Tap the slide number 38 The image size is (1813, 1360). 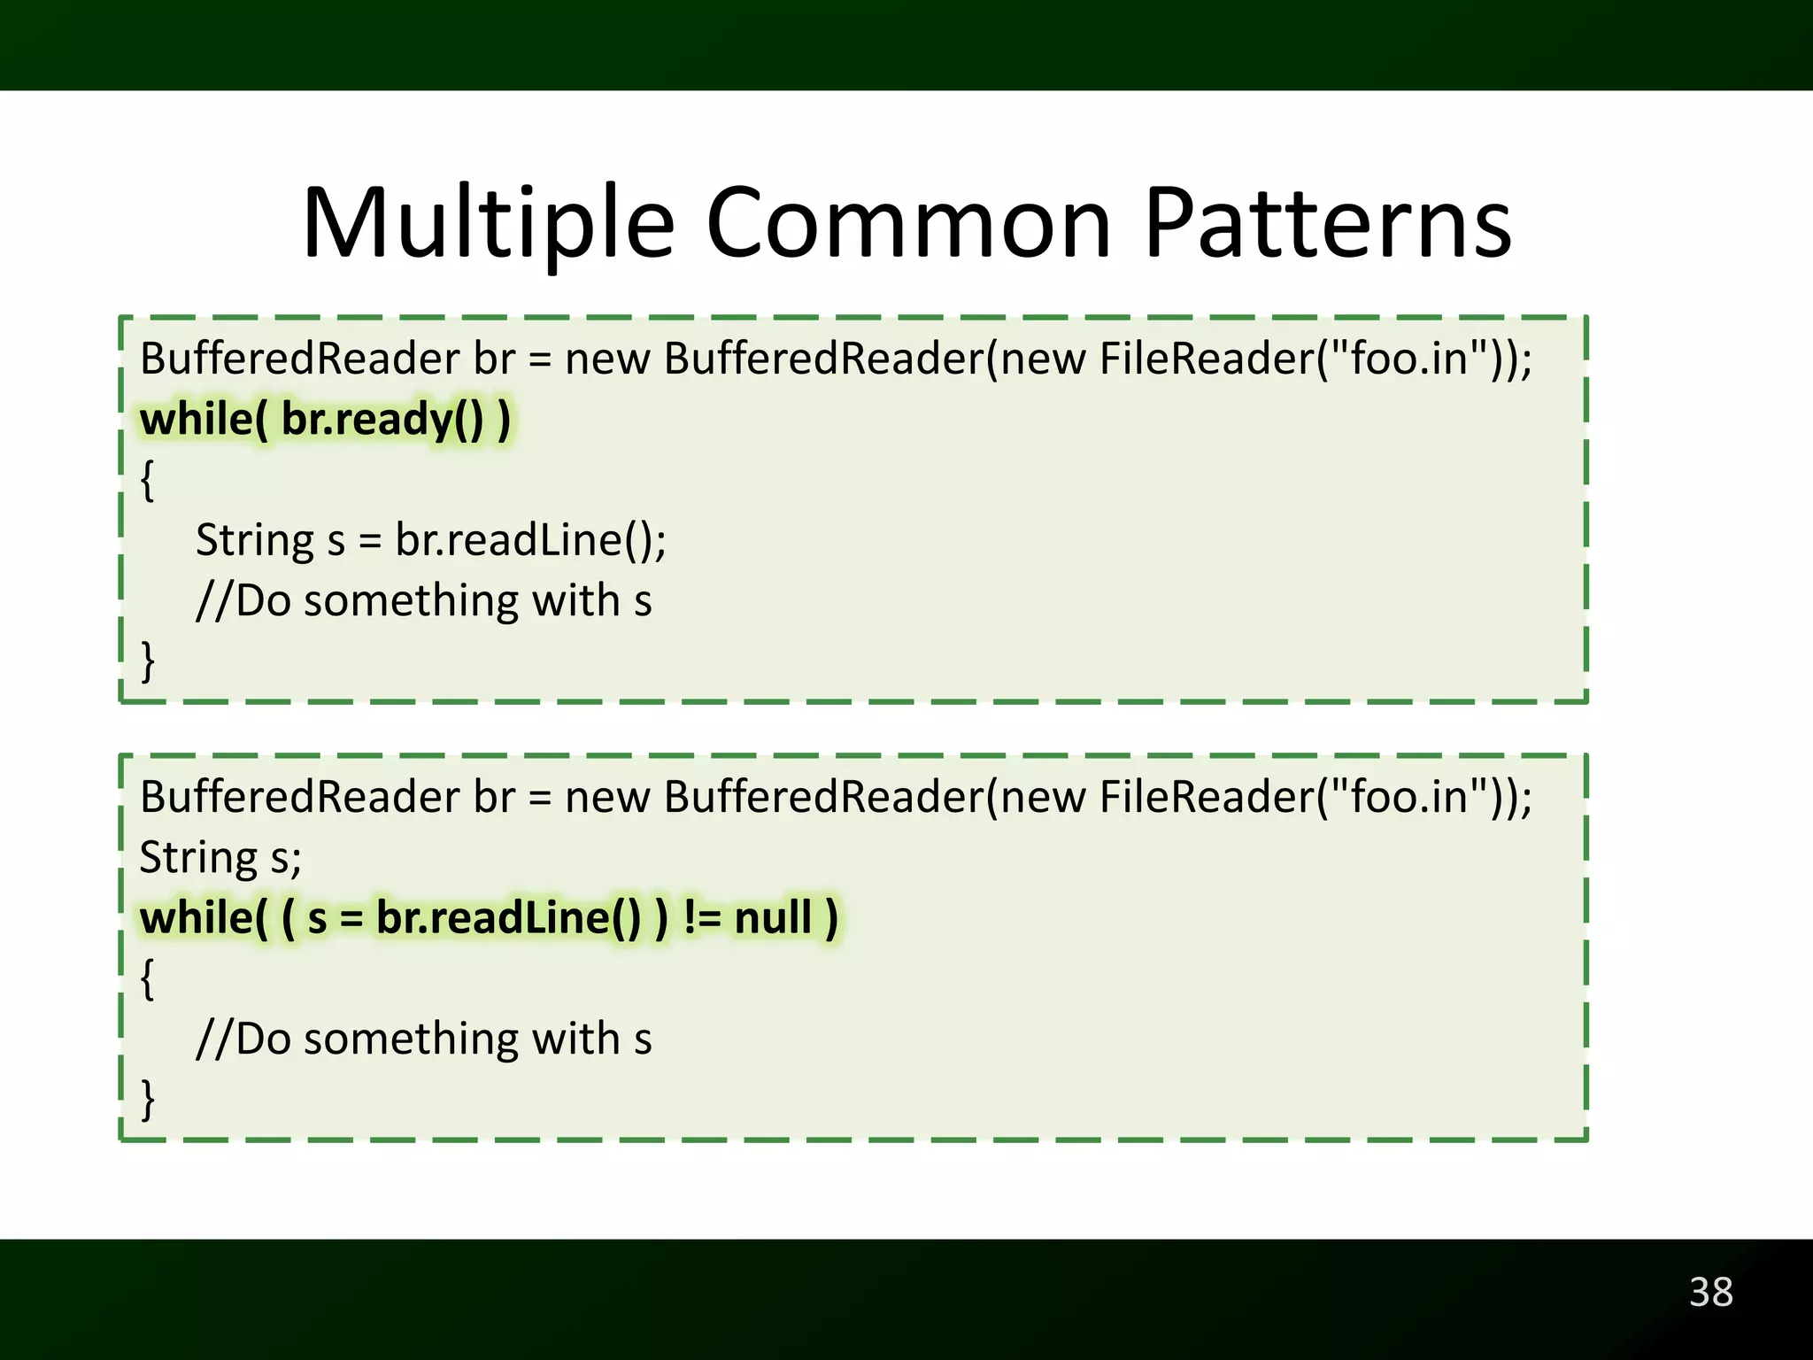pos(1710,1293)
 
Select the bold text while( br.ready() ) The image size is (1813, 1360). pos(325,420)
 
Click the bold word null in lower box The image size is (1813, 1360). pos(773,917)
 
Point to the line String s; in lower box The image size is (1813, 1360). pos(220,858)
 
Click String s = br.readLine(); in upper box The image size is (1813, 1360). pos(430,540)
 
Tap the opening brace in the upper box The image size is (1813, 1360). pos(148,481)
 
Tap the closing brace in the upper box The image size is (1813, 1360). pos(148,661)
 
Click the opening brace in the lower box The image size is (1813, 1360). pos(148,978)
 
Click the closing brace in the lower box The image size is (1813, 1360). pos(148,1100)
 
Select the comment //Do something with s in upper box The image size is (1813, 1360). pos(423,600)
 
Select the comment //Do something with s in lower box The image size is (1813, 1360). pos(423,1039)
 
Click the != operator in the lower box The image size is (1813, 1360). pos(702,917)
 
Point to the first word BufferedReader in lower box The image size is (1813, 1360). pos(300,797)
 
